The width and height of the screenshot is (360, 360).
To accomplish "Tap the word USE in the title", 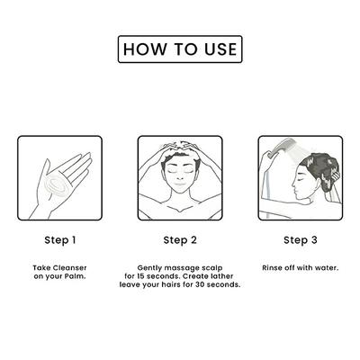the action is tap(220, 49).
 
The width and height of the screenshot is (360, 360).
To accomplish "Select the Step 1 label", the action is tap(60, 240).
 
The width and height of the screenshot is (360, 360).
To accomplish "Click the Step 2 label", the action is tap(180, 240).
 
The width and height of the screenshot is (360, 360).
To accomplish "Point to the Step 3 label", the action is tap(301, 240).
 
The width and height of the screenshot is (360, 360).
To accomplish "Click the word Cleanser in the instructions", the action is tap(69, 268).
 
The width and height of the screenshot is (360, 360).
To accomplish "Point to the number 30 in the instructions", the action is tap(200, 284).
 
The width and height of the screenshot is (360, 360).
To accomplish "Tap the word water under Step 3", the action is tap(327, 268).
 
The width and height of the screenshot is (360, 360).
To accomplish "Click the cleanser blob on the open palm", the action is tap(59, 183).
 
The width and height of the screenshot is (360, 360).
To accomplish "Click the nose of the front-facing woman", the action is tap(179, 178).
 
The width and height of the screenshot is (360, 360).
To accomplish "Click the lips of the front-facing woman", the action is tap(179, 185).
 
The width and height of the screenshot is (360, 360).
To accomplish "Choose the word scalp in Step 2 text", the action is tap(212, 268).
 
